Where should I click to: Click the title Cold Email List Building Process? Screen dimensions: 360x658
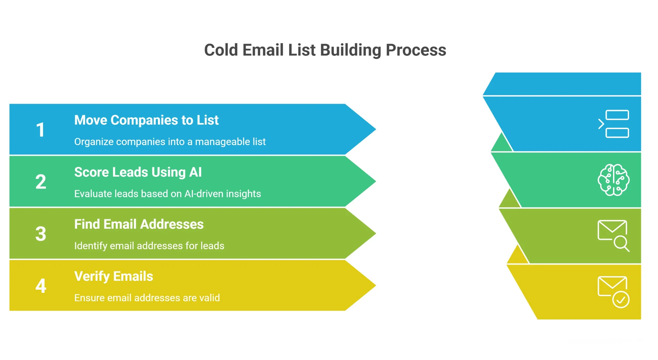coord(325,50)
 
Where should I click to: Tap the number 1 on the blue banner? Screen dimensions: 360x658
coord(40,130)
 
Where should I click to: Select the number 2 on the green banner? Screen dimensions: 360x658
coord(40,182)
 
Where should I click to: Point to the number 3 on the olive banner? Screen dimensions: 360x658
coord(40,234)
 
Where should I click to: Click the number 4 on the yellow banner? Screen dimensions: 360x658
coord(40,286)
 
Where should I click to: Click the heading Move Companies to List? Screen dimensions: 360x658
coord(146,120)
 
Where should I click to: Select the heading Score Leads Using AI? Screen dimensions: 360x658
coord(138,172)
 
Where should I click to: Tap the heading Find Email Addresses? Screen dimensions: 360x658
coord(139,224)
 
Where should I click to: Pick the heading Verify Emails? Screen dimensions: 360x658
coord(113,276)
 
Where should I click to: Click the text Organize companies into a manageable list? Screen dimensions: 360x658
coord(170,142)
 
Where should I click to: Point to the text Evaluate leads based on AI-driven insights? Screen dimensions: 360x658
coord(167,194)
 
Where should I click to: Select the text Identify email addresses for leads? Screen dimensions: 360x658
coord(149,246)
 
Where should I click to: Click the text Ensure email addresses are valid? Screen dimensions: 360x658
coord(147,298)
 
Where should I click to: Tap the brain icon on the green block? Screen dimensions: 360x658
coord(613,180)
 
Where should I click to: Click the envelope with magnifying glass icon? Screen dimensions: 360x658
coord(613,235)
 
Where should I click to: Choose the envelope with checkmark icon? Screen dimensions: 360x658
coord(613,292)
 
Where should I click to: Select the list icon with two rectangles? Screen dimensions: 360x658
coord(613,124)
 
